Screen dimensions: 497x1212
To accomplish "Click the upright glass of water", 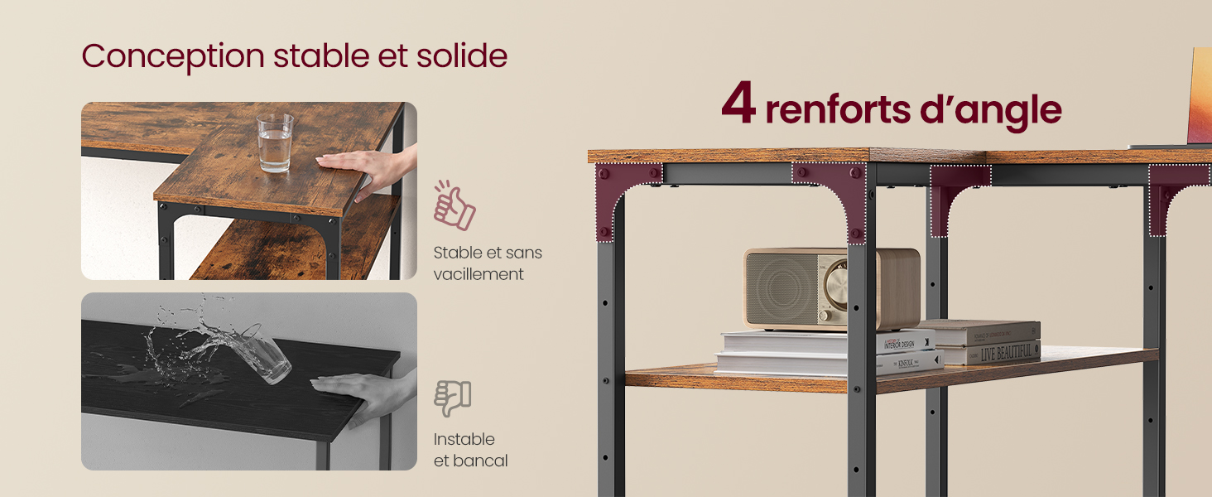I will coord(274,142).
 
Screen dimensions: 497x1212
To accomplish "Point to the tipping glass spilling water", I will coord(263,354).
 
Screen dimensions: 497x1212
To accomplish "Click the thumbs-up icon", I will coord(454,206).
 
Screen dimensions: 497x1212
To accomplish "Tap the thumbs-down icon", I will coord(453,398).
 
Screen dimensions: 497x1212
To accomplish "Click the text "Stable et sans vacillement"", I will coord(487,263).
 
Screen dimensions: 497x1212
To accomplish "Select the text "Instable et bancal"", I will coord(470,450).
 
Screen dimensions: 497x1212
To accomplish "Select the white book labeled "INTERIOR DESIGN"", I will coord(828,340).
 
